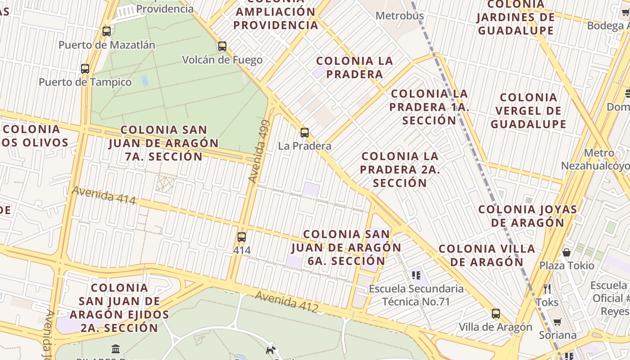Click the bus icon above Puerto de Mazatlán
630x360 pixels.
[107, 31]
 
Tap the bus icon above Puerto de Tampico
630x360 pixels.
[85, 69]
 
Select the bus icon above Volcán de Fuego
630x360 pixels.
[222, 46]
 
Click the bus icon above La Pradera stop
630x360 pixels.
[305, 133]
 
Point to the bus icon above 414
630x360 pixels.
[242, 237]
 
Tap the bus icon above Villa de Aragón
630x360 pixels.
[496, 314]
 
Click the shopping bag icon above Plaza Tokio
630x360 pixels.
[567, 252]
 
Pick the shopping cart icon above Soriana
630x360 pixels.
[558, 322]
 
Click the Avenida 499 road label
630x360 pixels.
[259, 151]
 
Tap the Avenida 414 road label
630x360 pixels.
[104, 195]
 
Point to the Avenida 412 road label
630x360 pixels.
[287, 301]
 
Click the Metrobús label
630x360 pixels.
[400, 16]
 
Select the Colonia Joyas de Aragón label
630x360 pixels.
[527, 216]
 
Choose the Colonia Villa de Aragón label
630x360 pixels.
[487, 255]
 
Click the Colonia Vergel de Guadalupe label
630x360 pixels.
[528, 111]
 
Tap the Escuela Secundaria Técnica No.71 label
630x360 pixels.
[416, 295]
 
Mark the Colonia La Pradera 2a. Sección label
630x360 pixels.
[400, 170]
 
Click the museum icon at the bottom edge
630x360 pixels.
[116, 349]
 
